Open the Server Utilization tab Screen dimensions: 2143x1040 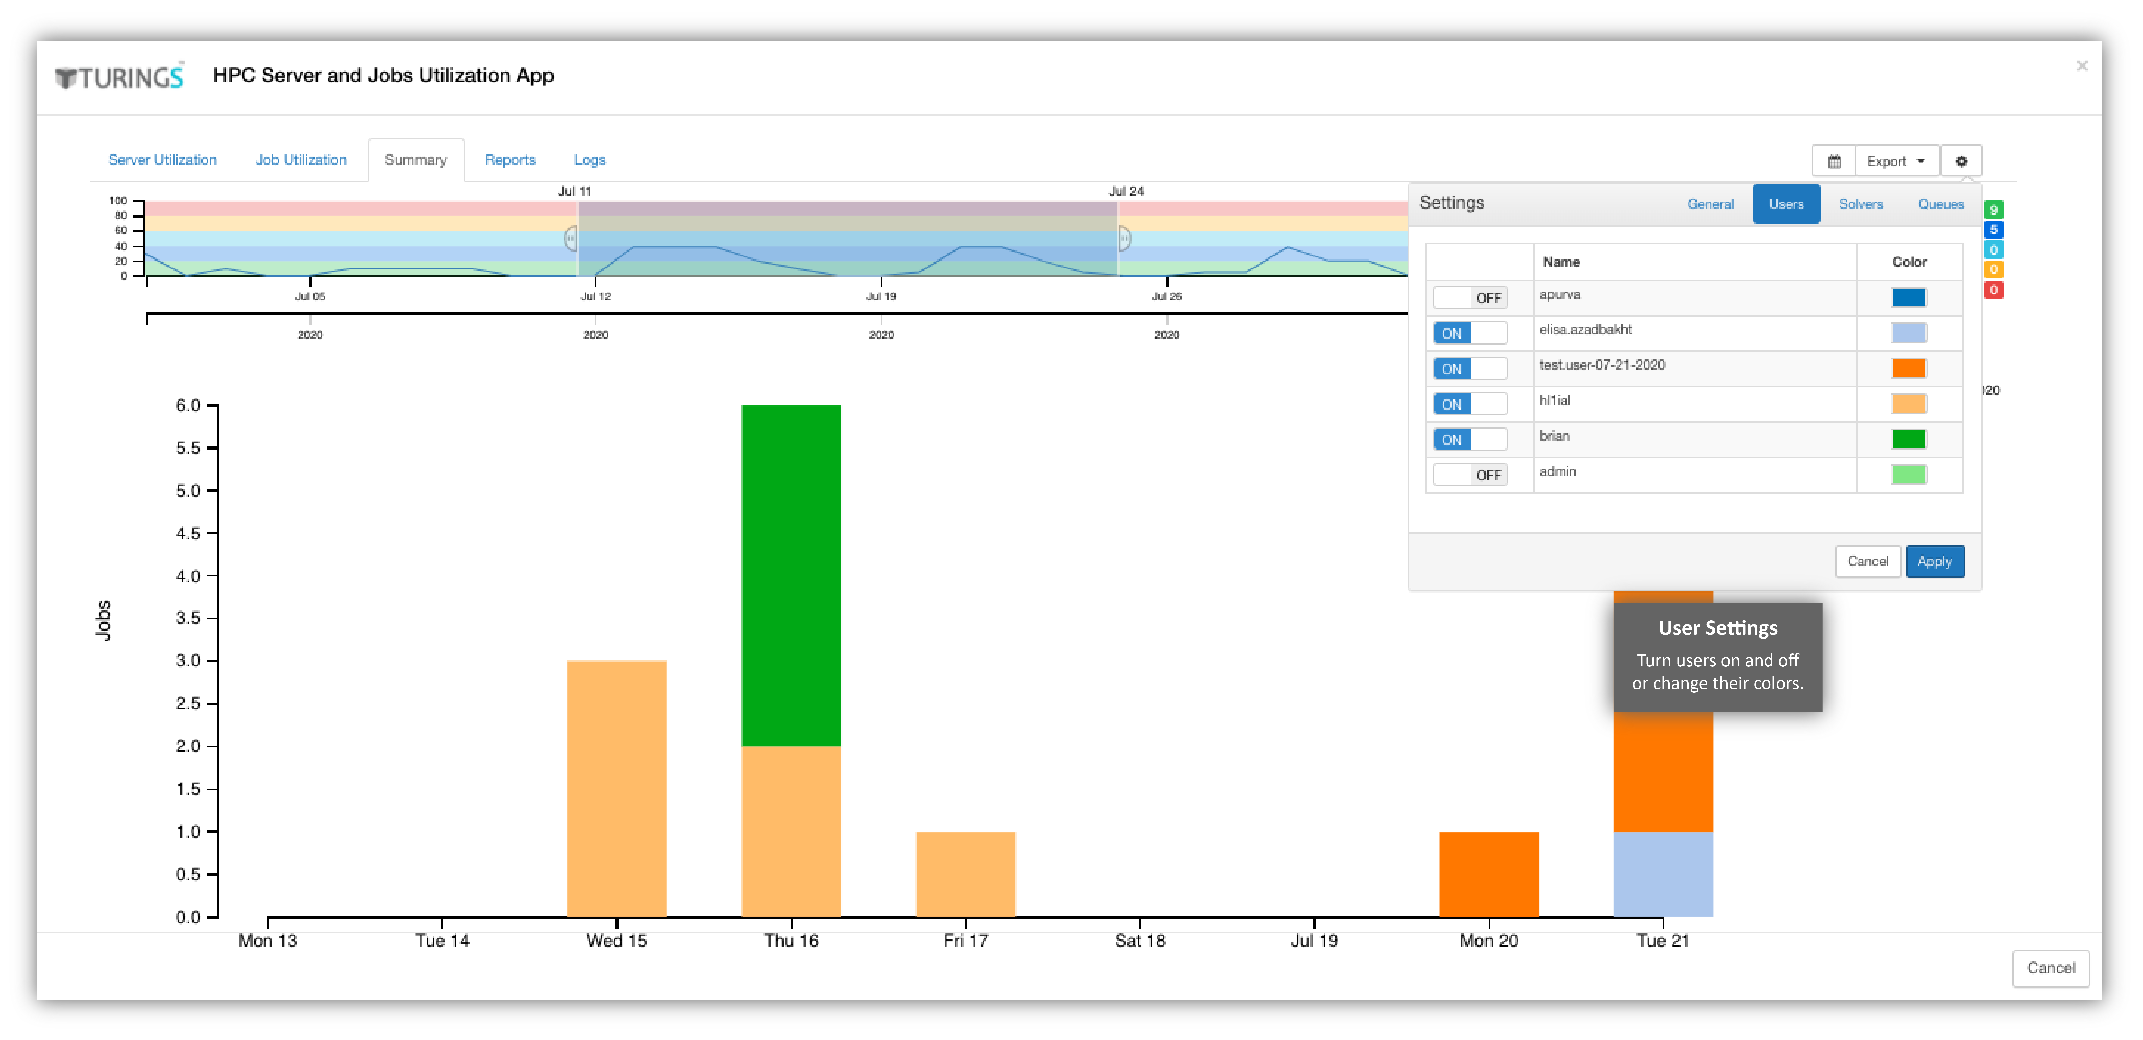(162, 160)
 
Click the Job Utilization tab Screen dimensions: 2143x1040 (300, 160)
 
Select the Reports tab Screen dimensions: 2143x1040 (510, 160)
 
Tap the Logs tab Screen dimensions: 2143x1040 (590, 160)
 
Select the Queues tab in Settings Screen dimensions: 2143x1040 (1941, 204)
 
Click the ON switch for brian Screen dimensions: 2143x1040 (1470, 439)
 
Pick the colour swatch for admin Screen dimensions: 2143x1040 (1909, 474)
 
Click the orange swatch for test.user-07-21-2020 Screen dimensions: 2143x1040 (1909, 368)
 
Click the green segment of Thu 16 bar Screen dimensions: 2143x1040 (791, 576)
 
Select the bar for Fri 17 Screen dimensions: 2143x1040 (966, 873)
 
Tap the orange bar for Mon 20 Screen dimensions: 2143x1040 (1489, 873)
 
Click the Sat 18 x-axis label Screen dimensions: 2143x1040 (1140, 941)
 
